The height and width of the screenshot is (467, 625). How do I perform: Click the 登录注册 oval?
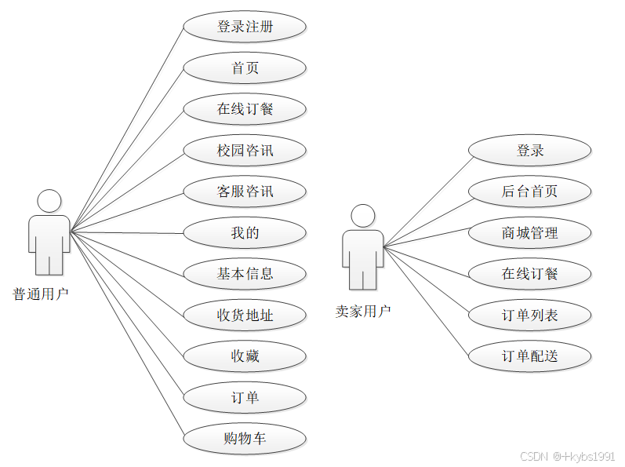(245, 27)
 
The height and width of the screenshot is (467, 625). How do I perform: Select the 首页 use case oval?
(245, 68)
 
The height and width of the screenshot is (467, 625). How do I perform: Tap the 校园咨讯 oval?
(245, 150)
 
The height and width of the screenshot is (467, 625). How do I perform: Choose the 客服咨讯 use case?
(245, 192)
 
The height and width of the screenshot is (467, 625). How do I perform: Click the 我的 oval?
(245, 233)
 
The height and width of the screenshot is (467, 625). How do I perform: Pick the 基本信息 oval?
(245, 274)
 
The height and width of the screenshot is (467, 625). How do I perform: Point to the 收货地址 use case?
(245, 316)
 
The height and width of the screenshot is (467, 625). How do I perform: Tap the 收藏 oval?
(245, 356)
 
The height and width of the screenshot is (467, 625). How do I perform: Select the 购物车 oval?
(245, 439)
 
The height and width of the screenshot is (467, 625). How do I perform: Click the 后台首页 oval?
(530, 192)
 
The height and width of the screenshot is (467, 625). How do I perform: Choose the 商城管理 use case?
(530, 233)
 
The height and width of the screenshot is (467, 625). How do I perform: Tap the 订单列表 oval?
(530, 316)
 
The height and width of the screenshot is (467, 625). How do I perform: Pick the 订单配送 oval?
(530, 356)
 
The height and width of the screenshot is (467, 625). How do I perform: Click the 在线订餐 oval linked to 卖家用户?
(530, 274)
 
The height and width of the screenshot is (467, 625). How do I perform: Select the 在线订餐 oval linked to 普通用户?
(245, 109)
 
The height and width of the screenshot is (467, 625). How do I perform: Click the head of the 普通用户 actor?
(49, 202)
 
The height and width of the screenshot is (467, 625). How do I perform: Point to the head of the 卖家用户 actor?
(362, 217)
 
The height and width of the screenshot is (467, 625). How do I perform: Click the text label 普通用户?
(41, 295)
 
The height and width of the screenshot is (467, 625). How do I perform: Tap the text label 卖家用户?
(363, 312)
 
